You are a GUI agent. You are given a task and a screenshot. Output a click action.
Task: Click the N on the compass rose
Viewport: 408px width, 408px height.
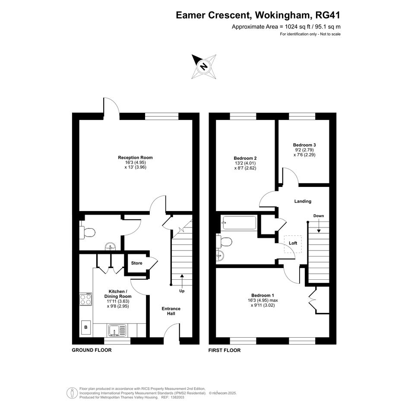204,66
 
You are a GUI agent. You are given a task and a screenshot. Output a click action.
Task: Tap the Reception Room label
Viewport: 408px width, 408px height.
135,158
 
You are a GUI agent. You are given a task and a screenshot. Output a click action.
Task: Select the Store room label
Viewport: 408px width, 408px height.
136,263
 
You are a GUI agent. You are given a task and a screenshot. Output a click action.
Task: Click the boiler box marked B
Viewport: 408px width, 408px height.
86,327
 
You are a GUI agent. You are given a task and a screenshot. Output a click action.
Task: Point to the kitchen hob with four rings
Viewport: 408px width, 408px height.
86,299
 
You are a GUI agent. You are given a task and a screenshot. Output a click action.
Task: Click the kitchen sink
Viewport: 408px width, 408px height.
117,330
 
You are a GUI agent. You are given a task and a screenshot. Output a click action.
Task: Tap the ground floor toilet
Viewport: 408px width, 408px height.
87,232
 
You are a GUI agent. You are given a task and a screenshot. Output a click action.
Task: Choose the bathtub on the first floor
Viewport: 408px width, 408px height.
239,223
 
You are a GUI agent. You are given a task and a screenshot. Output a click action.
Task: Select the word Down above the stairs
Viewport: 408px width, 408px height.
319,216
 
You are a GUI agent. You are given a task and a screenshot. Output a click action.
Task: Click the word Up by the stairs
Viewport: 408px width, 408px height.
182,291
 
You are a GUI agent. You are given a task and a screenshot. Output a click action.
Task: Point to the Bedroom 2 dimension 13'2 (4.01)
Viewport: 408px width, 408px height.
245,163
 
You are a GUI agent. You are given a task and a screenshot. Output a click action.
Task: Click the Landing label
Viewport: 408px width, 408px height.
303,201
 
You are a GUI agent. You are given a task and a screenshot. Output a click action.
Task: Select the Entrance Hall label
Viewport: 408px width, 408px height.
171,311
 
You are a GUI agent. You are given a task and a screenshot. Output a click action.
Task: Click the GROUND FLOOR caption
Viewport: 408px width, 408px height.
92,350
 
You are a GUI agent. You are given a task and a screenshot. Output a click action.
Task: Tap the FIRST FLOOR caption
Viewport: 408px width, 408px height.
225,350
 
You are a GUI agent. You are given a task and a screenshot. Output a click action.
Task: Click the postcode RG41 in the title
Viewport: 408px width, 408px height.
328,15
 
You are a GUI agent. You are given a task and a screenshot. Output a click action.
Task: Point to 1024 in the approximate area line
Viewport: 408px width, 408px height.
291,26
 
